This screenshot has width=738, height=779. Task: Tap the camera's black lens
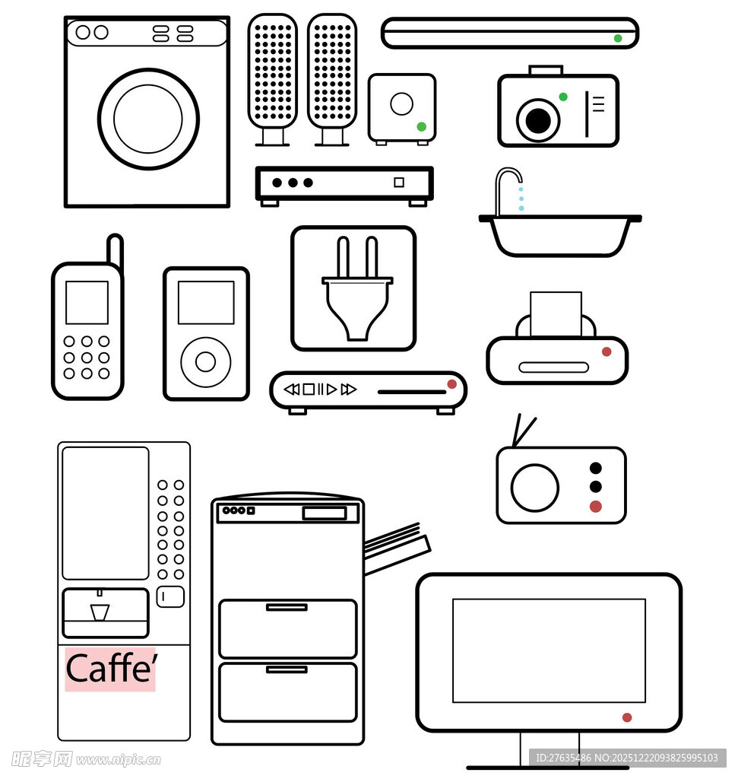pos(538,120)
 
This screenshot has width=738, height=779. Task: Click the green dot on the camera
pos(563,97)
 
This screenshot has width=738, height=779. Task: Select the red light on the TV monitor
pos(627,717)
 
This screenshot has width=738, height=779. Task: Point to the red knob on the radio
pos(596,506)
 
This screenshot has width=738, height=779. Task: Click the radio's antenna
pos(523,431)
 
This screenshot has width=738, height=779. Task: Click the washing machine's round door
pos(148,119)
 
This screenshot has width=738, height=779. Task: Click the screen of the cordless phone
pos(87,303)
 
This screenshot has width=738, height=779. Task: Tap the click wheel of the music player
pos(205,361)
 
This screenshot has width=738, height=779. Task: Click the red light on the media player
pos(451,384)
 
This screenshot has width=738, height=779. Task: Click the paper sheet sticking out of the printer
pos(556,313)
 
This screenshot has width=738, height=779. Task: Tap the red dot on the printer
pos(607,351)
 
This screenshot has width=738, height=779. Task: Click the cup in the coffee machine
pos(100,612)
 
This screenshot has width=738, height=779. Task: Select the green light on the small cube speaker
pos(421,127)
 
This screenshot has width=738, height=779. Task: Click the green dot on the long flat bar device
pos(618,38)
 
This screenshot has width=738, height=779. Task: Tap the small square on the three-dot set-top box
pos(399,183)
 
